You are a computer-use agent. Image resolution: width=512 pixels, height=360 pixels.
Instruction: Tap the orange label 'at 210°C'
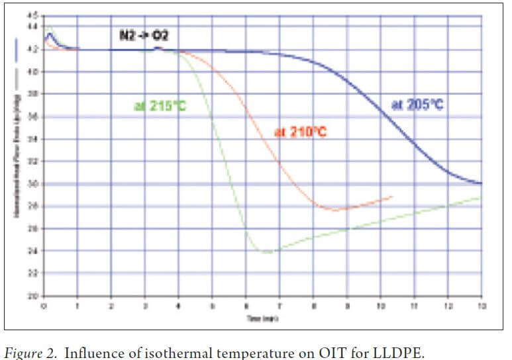(x=301, y=132)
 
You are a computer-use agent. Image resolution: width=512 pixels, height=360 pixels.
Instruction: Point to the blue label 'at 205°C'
(x=417, y=105)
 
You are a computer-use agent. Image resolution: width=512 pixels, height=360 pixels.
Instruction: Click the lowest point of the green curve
(x=266, y=252)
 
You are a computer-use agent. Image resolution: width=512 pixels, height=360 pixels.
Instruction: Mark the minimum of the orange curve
(x=334, y=210)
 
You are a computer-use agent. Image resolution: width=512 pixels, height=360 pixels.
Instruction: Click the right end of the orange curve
(x=393, y=197)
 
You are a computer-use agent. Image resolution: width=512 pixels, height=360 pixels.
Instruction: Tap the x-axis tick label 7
(x=280, y=306)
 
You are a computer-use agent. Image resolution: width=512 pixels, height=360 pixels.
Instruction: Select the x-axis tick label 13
(x=481, y=306)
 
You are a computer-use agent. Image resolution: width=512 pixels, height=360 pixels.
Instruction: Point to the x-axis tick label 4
(x=178, y=306)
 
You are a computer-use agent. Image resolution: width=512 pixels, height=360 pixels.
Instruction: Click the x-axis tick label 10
(x=380, y=306)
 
